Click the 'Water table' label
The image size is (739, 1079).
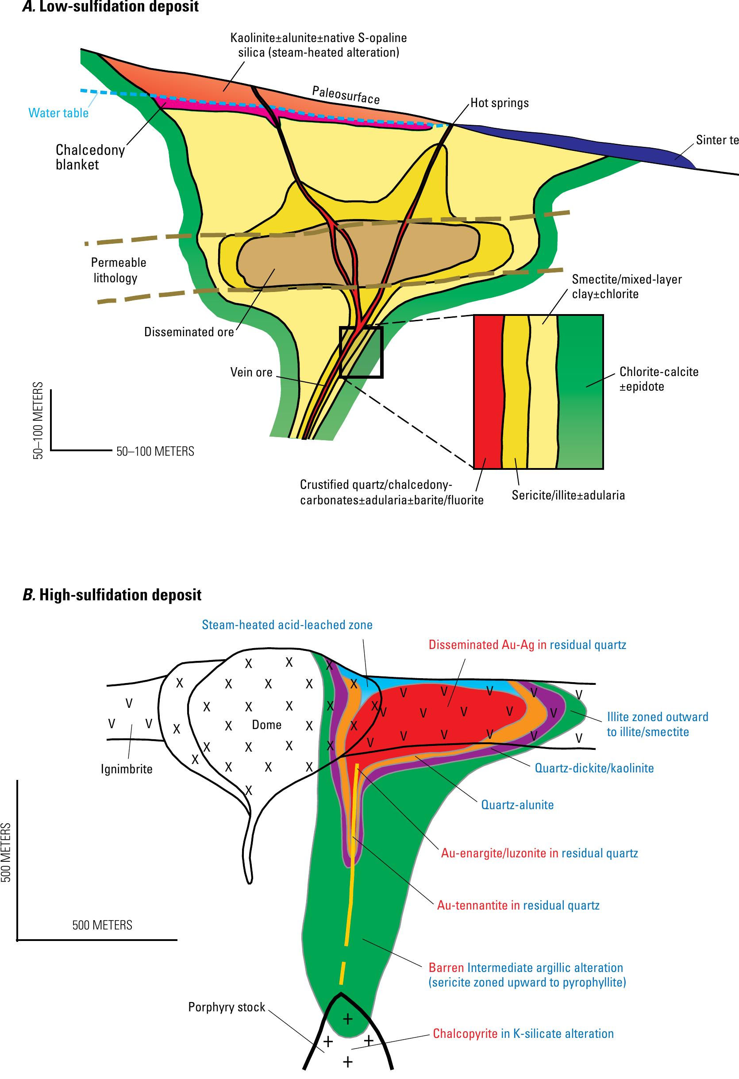58,113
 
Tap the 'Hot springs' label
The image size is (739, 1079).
499,103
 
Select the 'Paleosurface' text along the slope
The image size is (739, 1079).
346,95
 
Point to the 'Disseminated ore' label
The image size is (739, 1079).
189,332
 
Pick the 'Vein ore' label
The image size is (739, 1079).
251,372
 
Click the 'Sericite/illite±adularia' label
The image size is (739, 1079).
568,495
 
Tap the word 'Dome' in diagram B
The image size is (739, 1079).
267,725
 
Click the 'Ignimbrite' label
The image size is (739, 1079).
127,769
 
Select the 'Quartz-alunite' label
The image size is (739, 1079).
517,805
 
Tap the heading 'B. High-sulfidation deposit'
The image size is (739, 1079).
112,595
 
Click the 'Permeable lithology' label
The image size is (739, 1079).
118,270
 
